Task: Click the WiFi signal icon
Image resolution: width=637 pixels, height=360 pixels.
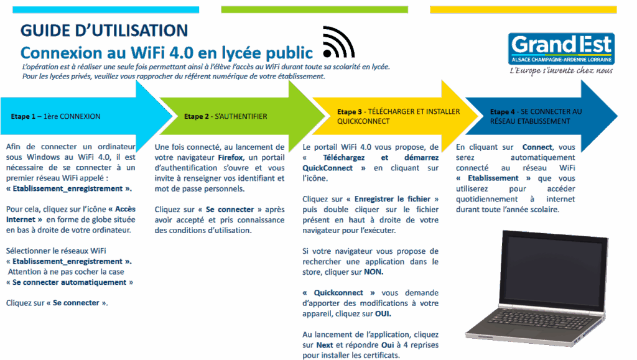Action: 338,43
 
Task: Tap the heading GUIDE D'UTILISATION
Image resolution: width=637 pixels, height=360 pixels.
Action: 104,30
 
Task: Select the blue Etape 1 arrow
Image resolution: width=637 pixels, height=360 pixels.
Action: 81,116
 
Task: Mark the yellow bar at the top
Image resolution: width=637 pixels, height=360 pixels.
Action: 523,9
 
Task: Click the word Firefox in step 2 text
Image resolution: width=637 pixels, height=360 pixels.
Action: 231,158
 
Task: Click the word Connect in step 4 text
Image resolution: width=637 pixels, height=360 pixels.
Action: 538,147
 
